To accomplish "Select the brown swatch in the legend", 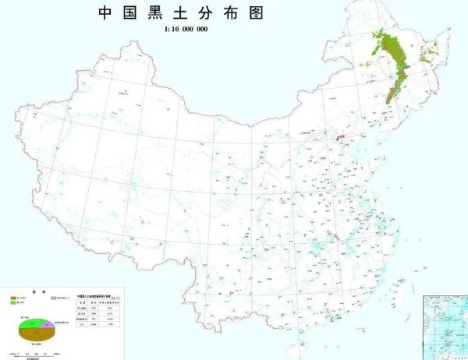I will [13, 298].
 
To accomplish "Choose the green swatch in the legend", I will [13, 303].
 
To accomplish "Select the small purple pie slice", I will [48, 323].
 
